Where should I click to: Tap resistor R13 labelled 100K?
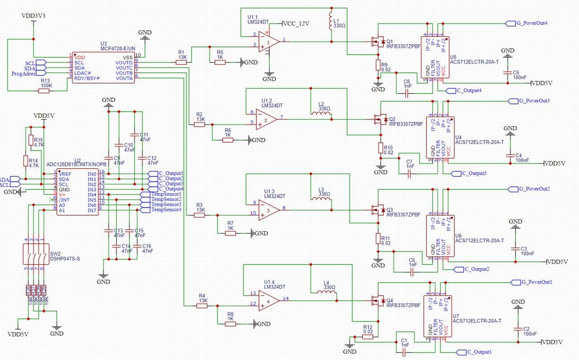[x=44, y=91]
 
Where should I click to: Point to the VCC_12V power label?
[x=296, y=24]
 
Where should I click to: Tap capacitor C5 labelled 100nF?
[x=508, y=72]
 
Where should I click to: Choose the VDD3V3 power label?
[x=33, y=16]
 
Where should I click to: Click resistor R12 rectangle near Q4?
[x=368, y=336]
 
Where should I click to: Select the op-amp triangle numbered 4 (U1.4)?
[x=269, y=301]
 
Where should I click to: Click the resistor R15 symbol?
[x=30, y=140]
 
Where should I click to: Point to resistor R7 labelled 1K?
[x=230, y=233]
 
